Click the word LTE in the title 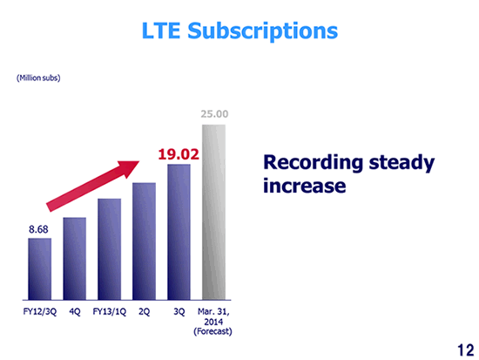point(161,31)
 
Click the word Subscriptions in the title point(263,31)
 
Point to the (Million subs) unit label point(38,78)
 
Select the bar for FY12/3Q point(40,269)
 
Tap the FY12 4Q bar point(75,259)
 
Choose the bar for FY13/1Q point(110,249)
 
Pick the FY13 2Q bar point(144,241)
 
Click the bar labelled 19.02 point(179,232)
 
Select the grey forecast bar point(214,213)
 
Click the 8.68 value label point(38,229)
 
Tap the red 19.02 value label point(179,154)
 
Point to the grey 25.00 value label point(214,114)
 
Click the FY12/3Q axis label point(40,312)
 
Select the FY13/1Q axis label point(110,312)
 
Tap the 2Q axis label point(145,312)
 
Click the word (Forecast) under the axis point(213,331)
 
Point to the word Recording point(314,163)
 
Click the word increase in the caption point(305,186)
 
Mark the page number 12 point(466,350)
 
